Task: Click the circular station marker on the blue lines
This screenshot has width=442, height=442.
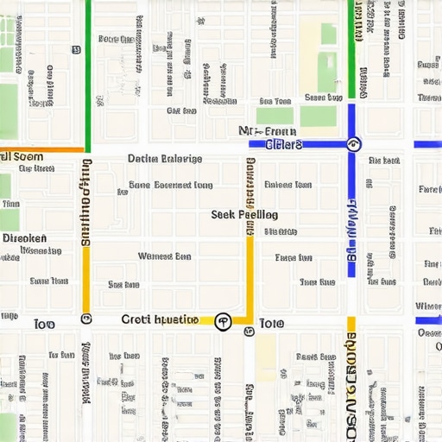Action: (x=352, y=143)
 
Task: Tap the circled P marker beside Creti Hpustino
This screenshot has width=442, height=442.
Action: (x=222, y=320)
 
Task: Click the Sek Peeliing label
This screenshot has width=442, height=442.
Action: (x=244, y=214)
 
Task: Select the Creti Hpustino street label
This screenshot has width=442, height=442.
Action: (x=160, y=319)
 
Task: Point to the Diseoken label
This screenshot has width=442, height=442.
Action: (x=24, y=237)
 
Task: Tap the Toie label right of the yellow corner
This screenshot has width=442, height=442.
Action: (x=271, y=323)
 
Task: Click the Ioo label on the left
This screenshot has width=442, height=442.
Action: (x=43, y=324)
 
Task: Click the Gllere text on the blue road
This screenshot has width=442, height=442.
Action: (x=285, y=144)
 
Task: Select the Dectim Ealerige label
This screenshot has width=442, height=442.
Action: (x=165, y=159)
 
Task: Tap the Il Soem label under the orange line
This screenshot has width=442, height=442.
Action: (x=22, y=157)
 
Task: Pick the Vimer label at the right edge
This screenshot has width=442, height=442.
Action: (x=428, y=306)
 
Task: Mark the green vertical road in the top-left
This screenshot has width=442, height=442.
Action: (x=88, y=69)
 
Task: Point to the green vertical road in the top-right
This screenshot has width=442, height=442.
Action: (x=351, y=43)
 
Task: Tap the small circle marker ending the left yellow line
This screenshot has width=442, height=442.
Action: (x=86, y=319)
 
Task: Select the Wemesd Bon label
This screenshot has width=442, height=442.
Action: (x=164, y=256)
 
